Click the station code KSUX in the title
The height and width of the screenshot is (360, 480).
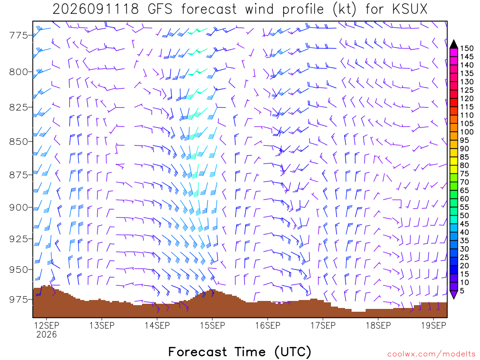[x=410, y=9]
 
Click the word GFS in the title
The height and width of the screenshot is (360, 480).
[x=160, y=9]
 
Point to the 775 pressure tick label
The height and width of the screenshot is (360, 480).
[x=19, y=36]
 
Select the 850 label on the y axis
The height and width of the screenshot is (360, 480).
[x=19, y=142]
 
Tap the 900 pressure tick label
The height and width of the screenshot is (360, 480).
[x=19, y=208]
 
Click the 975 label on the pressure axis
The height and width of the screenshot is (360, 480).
[x=19, y=300]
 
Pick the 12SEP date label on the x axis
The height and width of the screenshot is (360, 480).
[x=46, y=325]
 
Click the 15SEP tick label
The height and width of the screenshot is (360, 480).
[x=212, y=325]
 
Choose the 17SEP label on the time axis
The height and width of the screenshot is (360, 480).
[x=323, y=325]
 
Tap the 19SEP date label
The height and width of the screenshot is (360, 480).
[x=434, y=325]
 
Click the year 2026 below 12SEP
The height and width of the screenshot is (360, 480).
[x=46, y=334]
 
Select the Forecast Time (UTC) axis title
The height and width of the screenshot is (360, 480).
[x=240, y=352]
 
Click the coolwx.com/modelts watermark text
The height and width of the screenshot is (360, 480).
[x=431, y=354]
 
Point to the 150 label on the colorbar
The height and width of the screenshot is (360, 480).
[x=467, y=48]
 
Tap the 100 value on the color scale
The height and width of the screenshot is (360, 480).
[x=467, y=132]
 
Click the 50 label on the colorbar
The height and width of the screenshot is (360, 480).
[x=465, y=216]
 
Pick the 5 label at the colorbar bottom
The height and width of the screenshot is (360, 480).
[x=462, y=291]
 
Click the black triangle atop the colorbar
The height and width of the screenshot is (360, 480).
[x=454, y=44]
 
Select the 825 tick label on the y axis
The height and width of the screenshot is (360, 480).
[x=19, y=107]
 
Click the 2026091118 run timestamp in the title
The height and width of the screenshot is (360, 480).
[x=96, y=9]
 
